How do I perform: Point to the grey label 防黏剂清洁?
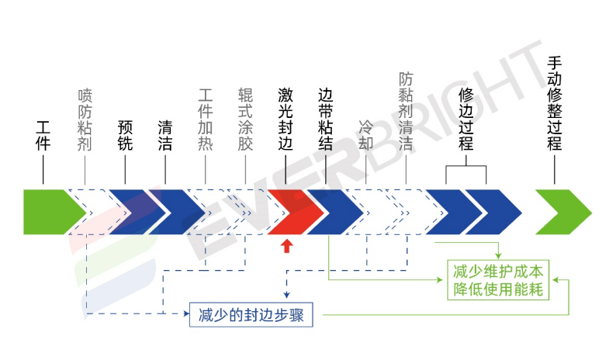[x=406, y=111]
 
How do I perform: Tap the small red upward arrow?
[x=286, y=246]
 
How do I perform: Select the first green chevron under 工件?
[x=51, y=211]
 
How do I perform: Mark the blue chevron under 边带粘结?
[x=330, y=211]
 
